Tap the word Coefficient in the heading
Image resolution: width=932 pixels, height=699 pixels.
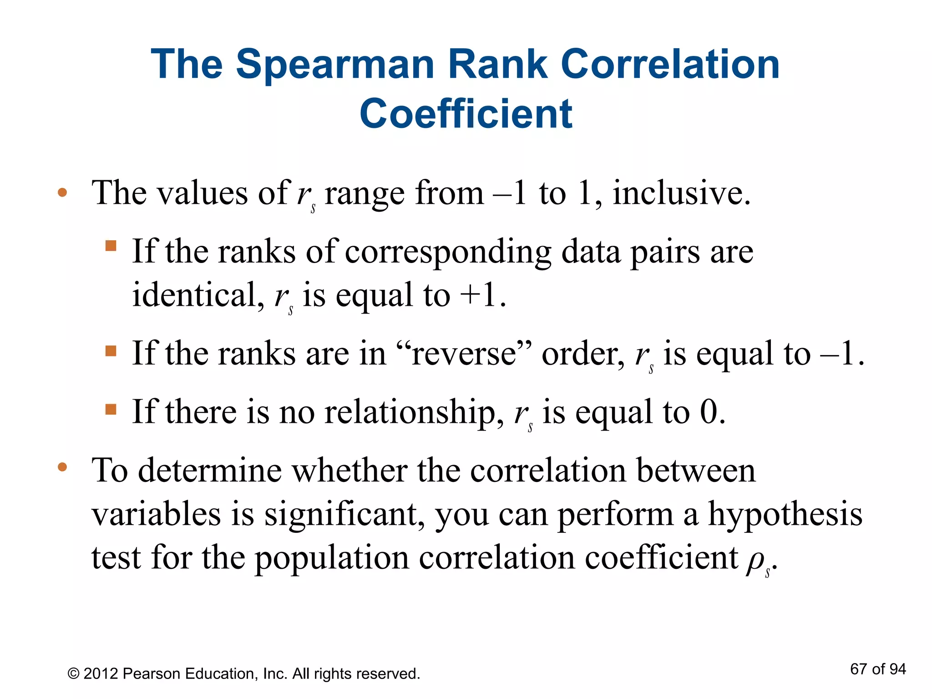click(466, 114)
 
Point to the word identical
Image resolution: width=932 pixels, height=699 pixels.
click(196, 294)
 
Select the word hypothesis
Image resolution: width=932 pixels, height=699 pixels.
click(785, 514)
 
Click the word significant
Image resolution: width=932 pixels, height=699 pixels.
click(341, 514)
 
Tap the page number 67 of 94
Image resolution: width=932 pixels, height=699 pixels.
click(877, 669)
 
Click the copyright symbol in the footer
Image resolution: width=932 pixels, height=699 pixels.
click(73, 674)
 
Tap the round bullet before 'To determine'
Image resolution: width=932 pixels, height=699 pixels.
click(62, 467)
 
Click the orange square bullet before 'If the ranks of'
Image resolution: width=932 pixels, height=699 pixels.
click(111, 246)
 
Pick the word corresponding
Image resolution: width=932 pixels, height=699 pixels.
click(448, 252)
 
